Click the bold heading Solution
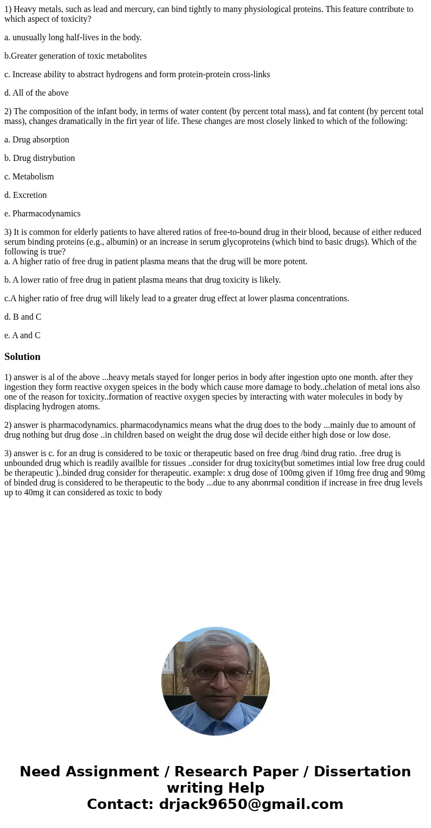[22, 357]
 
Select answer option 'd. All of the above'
[36, 93]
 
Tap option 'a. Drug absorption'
[36, 140]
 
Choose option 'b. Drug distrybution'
[40, 158]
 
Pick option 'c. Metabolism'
[29, 177]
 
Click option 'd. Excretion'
[26, 195]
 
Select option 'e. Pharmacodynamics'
[42, 214]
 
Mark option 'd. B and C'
[23, 317]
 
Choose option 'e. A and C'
[22, 335]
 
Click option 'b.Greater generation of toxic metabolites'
[75, 56]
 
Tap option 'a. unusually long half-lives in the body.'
[73, 38]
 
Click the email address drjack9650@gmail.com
[251, 804]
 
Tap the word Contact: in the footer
[121, 804]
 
